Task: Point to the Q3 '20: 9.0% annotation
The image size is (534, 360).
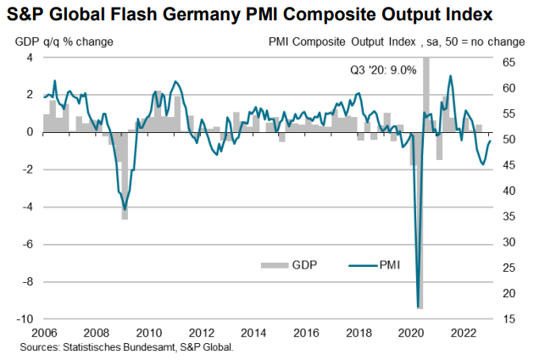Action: coord(382,69)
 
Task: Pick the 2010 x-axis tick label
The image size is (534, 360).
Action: coord(150,332)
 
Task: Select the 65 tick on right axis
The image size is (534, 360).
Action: coord(508,63)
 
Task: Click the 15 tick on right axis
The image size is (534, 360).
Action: coord(508,318)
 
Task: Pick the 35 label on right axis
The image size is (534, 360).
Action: coord(508,216)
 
